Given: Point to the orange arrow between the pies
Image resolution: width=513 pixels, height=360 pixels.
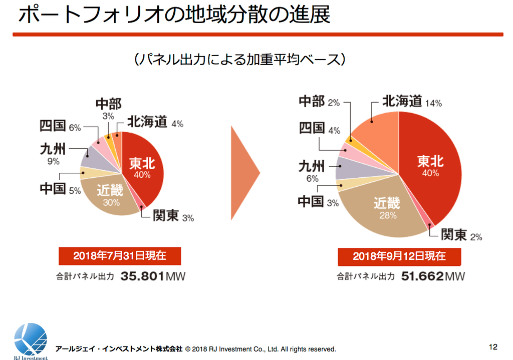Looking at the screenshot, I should [244, 173].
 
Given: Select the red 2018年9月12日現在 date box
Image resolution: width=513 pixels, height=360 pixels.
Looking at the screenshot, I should [399, 256].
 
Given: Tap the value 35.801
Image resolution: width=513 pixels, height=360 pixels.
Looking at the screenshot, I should [143, 276].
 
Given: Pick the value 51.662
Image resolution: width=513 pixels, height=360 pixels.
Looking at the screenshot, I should [422, 276].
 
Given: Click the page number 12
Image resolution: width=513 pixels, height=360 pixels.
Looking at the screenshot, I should [493, 347].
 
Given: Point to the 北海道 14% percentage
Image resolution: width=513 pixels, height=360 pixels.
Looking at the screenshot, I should [433, 104].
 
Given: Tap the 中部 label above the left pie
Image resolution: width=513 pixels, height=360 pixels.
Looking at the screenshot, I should [108, 104].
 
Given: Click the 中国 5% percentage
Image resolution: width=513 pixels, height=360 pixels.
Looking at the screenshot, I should [75, 191].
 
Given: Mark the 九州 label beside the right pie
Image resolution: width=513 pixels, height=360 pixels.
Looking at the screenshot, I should [311, 166].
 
